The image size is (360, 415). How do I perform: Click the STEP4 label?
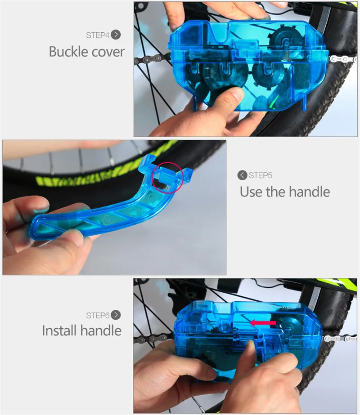pyautogui.click(x=98, y=35)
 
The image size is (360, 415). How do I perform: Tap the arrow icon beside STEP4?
pyautogui.click(x=116, y=35)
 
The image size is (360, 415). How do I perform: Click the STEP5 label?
pyautogui.click(x=261, y=175)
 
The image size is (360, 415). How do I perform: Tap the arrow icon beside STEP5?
pyautogui.click(x=243, y=175)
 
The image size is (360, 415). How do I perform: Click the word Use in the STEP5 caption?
pyautogui.click(x=252, y=192)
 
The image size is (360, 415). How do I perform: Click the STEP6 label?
pyautogui.click(x=98, y=315)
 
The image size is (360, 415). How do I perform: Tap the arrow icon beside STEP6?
pyautogui.click(x=116, y=315)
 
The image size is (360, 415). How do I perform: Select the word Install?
pyautogui.click(x=59, y=331)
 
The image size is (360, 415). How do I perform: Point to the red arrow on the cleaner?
pyautogui.click(x=264, y=322)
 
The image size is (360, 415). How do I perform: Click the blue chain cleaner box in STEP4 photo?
pyautogui.click(x=243, y=67)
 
